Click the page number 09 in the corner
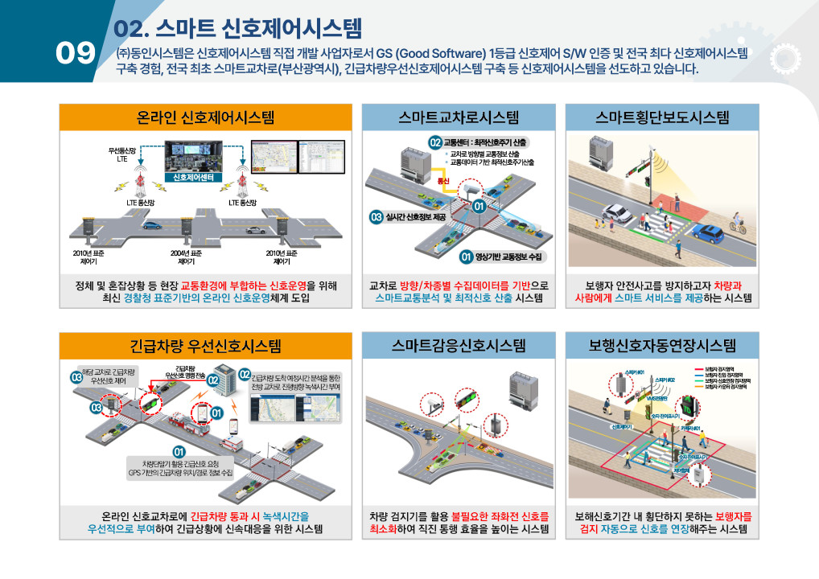[x=75, y=53]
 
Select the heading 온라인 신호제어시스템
[x=205, y=117]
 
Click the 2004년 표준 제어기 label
[x=186, y=257]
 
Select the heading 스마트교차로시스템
[x=459, y=117]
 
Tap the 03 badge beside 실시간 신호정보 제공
[x=375, y=217]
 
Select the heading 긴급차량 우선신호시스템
[x=205, y=347]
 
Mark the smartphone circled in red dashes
[x=235, y=425]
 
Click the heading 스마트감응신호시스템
[x=459, y=347]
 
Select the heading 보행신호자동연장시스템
[x=662, y=347]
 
